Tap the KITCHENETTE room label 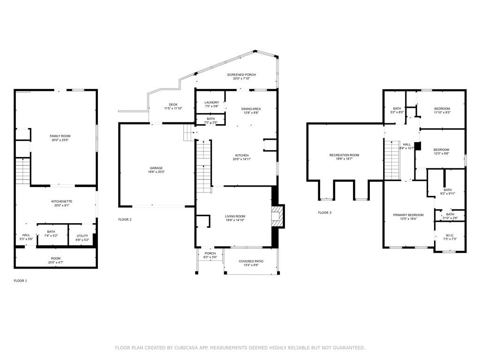pos(61,201)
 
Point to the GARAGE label pos(157,168)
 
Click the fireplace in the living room pos(278,217)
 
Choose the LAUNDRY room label pos(211,102)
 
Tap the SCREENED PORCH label pos(241,75)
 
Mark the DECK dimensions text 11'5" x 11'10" pos(173,108)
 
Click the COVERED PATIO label pos(251,261)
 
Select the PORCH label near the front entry pos(210,254)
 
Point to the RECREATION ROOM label pos(344,155)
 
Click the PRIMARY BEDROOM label pos(408,215)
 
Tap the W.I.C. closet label pos(449,235)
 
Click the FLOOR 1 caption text pos(20,280)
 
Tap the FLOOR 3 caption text pos(324,212)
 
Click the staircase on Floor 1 pos(23,172)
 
